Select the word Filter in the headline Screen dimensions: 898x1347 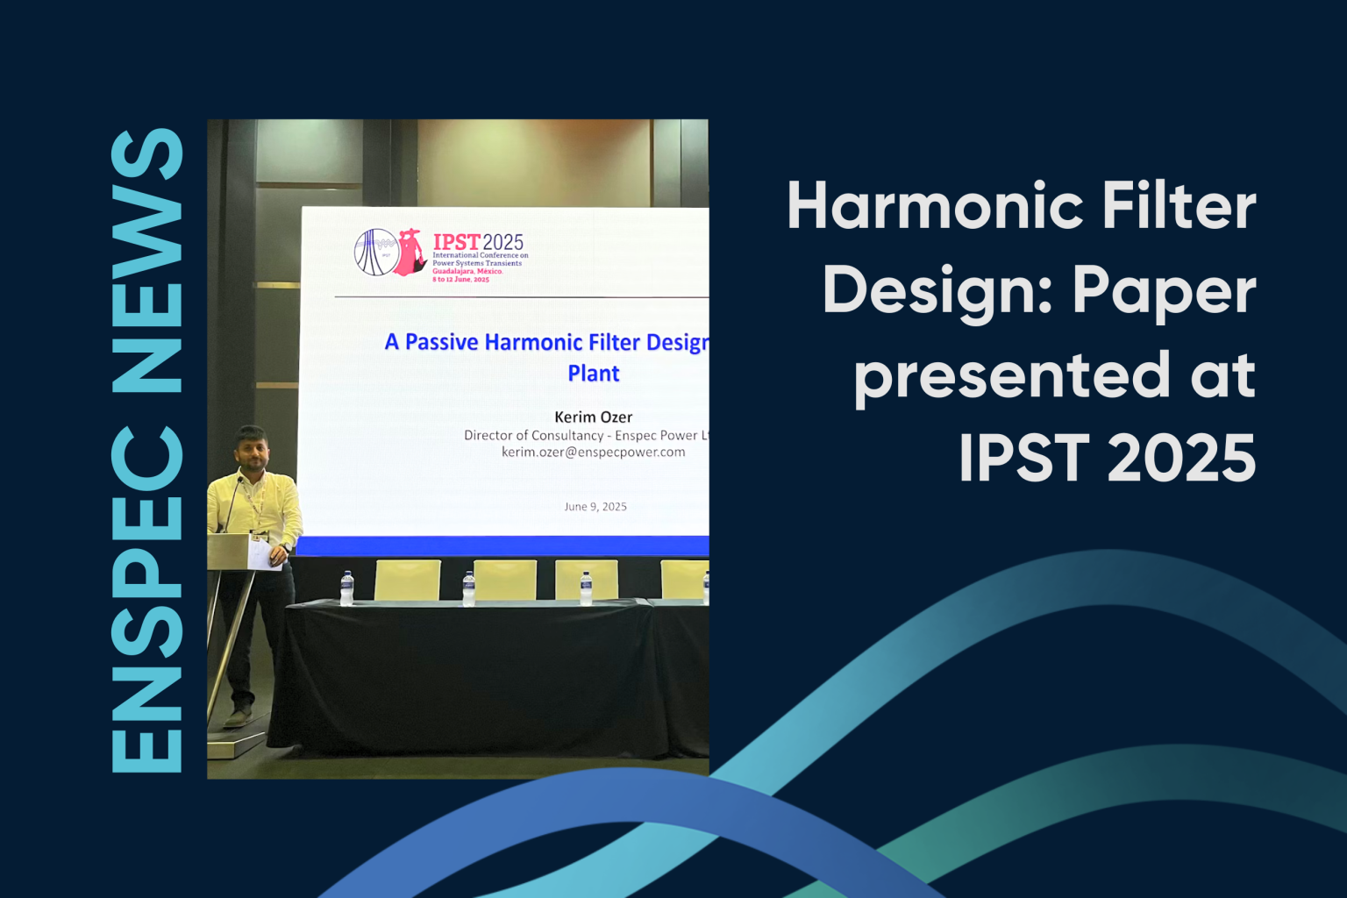(1179, 207)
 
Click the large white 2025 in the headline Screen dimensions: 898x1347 (1181, 458)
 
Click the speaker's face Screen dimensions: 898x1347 (252, 449)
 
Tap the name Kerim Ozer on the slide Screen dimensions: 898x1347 (593, 417)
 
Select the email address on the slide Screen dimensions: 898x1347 (593, 453)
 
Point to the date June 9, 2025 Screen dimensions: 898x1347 (595, 507)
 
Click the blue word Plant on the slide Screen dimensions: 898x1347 (594, 374)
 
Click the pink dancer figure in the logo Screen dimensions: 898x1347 (410, 253)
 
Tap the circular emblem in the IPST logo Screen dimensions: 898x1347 (375, 253)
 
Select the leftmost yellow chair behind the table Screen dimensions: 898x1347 (408, 580)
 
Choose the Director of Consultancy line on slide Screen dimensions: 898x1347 (586, 436)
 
